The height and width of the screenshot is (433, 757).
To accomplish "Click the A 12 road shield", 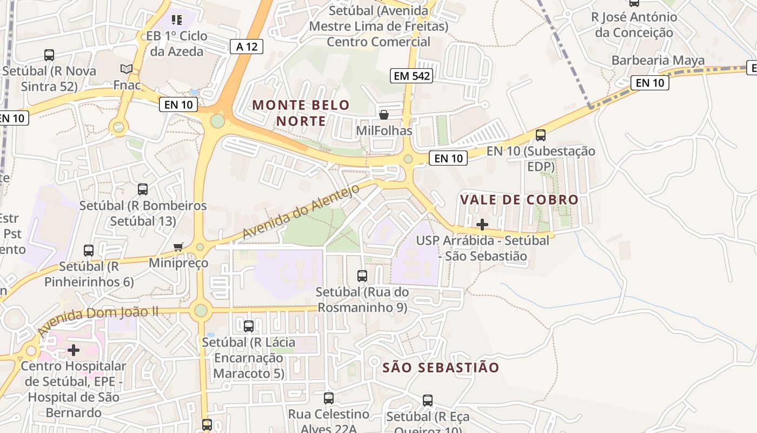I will coord(247,47).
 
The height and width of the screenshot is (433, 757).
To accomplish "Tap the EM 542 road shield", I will coord(412,76).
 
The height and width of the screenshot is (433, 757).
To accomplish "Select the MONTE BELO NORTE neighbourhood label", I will coord(301,113).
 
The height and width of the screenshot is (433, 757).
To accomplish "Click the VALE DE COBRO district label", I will coord(519,200).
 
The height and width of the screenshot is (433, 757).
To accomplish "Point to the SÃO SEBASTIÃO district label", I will coord(441,368).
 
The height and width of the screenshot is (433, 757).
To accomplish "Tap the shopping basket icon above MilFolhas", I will coord(384,115).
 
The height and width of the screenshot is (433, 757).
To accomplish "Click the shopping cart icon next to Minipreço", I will coord(178,247).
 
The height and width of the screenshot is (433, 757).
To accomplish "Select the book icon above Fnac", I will coord(127,69).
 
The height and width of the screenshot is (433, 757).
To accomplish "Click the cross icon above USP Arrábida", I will coord(482,224).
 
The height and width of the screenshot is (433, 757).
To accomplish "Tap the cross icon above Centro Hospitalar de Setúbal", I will coord(74,350).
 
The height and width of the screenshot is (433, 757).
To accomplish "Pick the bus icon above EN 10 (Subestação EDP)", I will coord(540,135).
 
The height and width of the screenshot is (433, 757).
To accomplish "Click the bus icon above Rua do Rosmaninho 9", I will coord(362,276).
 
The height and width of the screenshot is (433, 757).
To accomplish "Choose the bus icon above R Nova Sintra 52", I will coord(49,55).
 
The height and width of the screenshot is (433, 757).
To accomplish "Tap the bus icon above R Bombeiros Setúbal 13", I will coord(143,189).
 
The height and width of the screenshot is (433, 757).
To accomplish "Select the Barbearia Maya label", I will coord(658,60).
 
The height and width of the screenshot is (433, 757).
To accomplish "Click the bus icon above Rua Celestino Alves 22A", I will coord(328,398).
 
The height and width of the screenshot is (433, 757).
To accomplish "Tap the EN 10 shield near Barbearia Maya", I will coord(649,83).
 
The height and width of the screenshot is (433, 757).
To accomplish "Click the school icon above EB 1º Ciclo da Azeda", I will coord(176,21).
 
